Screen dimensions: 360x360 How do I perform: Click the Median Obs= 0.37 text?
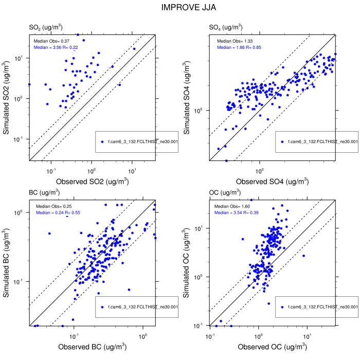pyautogui.click(x=51, y=41)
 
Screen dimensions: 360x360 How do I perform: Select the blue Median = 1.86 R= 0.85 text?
pyautogui.click(x=239, y=47)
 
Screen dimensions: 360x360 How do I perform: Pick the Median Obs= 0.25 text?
pyautogui.click(x=51, y=206)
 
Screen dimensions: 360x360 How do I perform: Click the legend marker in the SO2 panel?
pyautogui.click(x=102, y=142)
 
